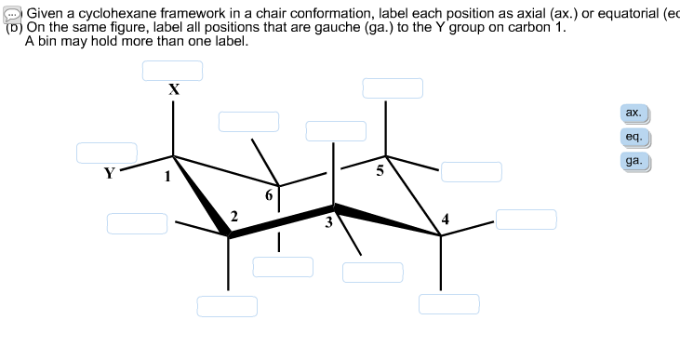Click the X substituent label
click(173, 90)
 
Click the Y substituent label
click(110, 172)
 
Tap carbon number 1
click(168, 178)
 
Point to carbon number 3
click(328, 222)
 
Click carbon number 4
click(447, 220)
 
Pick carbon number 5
click(379, 170)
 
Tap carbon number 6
click(269, 194)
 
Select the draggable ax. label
click(633, 113)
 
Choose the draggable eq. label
click(633, 138)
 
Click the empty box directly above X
click(172, 71)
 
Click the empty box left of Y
click(107, 153)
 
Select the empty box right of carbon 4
click(526, 220)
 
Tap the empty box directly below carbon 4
click(448, 304)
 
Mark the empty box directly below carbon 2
click(227, 306)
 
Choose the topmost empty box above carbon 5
click(393, 88)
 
